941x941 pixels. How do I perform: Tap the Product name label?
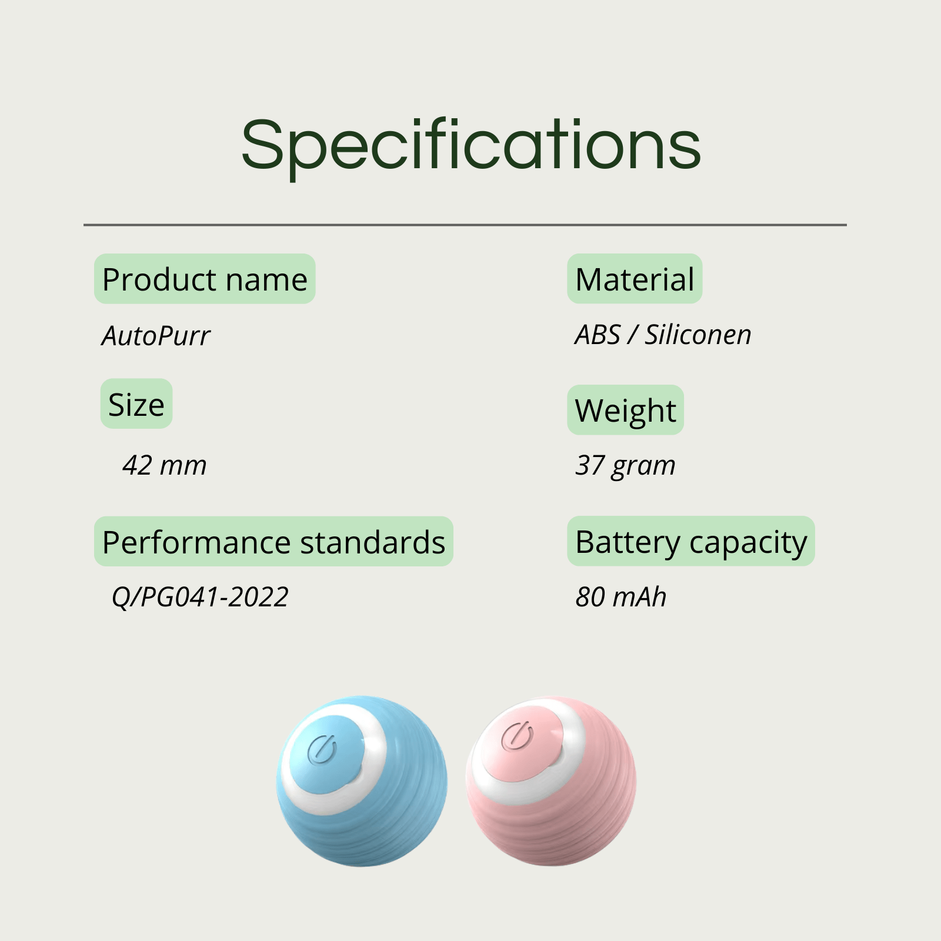click(205, 279)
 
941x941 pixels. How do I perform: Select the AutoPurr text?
click(156, 336)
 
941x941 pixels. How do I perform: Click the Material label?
click(635, 279)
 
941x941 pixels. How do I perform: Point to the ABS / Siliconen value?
click(663, 335)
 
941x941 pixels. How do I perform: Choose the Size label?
click(136, 404)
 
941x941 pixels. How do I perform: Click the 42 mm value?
click(165, 465)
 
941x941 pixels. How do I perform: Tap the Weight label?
click(625, 411)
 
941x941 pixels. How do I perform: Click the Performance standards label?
click(273, 542)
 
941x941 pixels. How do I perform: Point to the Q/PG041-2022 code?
click(200, 598)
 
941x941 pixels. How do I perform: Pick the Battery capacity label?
click(691, 542)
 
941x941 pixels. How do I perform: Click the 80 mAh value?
click(620, 597)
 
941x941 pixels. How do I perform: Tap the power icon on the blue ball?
click(322, 749)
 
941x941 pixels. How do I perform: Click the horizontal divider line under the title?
click(465, 225)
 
